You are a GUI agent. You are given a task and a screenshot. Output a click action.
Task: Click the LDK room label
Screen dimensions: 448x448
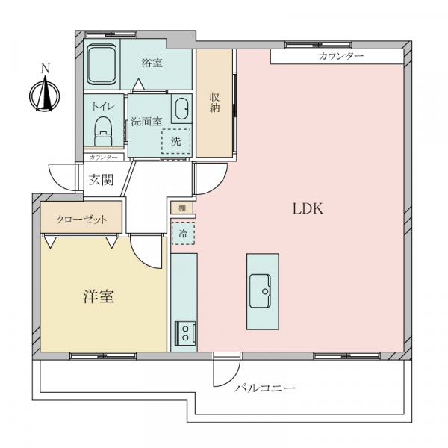point(308,208)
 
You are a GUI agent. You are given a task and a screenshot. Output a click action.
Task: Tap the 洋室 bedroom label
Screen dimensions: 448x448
point(99,296)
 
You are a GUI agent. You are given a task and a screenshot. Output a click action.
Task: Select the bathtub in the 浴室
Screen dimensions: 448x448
point(102,64)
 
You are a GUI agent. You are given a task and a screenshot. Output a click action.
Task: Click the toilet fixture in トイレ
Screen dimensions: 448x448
point(103,131)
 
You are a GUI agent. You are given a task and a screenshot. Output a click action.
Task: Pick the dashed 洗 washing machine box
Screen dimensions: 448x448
point(176,141)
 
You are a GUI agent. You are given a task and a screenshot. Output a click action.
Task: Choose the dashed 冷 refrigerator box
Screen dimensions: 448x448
point(183,233)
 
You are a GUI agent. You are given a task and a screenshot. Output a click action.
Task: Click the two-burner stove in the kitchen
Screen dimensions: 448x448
point(185,333)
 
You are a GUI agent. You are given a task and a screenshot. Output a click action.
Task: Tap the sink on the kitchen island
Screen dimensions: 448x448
point(260,291)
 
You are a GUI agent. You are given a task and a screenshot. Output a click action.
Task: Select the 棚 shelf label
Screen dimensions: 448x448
point(182,208)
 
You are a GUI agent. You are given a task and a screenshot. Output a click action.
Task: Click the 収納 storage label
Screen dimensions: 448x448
point(214,102)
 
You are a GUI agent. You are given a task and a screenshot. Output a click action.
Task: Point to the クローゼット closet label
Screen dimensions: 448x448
point(81,220)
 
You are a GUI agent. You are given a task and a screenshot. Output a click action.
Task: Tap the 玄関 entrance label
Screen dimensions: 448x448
point(101,180)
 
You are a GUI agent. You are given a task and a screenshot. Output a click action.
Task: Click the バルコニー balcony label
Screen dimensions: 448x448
point(265,388)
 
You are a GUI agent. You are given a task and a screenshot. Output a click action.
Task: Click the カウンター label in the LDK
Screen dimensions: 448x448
point(341,56)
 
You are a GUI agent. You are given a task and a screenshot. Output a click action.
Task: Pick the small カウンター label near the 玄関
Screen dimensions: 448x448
point(104,158)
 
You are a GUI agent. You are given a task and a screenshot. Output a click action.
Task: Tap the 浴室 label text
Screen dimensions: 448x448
point(152,63)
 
